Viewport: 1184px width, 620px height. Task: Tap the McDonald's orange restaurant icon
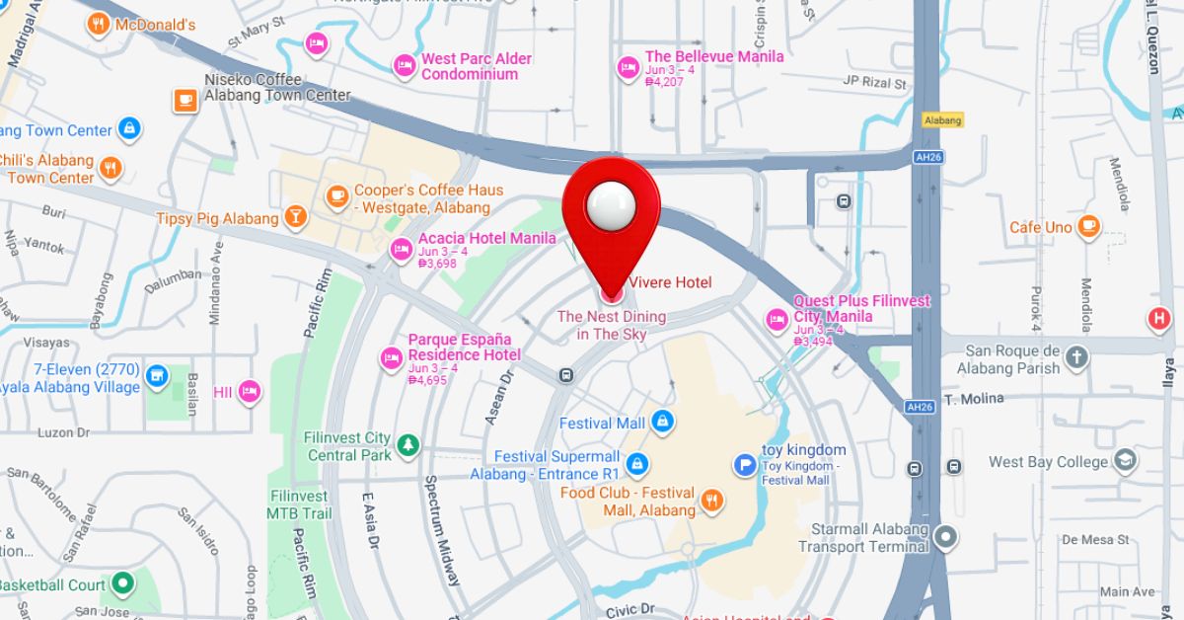tap(98, 25)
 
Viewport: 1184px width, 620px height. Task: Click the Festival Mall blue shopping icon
tap(662, 423)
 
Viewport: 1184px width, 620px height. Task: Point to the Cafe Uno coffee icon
tap(1089, 227)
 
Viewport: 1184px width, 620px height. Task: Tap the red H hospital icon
tap(1158, 319)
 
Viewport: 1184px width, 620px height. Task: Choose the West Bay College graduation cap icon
tap(1125, 461)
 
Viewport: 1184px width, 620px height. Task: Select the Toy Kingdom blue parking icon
tap(745, 464)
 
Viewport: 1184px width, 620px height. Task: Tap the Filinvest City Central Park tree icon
tap(408, 446)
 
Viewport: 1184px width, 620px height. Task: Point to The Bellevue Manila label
tap(714, 56)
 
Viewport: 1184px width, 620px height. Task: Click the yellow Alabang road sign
tap(942, 119)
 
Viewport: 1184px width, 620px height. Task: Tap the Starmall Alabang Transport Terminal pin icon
tap(946, 538)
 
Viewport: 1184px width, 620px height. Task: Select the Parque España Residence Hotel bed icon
tap(392, 357)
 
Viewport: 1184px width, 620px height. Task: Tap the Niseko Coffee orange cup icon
tap(185, 101)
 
